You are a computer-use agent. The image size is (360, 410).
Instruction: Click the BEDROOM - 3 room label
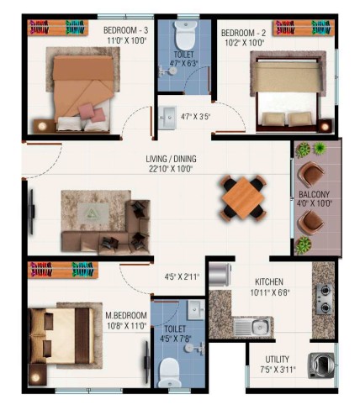(x=126, y=30)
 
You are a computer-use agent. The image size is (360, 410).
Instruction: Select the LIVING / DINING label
(x=171, y=159)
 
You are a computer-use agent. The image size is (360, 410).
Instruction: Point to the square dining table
(x=243, y=198)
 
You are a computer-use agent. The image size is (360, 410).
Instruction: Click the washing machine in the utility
(x=321, y=365)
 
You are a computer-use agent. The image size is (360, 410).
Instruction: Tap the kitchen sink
(x=252, y=327)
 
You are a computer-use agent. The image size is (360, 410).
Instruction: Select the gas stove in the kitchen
(x=324, y=299)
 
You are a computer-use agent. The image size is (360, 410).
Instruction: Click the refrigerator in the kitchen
(x=220, y=275)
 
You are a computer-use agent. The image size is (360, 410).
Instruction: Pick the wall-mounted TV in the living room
(x=32, y=212)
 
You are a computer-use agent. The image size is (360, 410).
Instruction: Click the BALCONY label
(x=314, y=194)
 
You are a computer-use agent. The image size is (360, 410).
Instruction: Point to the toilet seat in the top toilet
(x=185, y=35)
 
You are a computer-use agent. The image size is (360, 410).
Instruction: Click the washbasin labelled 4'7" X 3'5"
(x=167, y=118)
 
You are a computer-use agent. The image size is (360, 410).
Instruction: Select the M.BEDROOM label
(x=126, y=316)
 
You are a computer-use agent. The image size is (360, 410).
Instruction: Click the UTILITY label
(x=277, y=360)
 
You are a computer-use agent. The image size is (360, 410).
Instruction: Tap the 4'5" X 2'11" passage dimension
(x=182, y=277)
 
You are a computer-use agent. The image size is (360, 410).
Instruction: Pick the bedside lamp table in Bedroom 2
(x=325, y=126)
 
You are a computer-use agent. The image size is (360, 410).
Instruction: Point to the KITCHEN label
(x=269, y=282)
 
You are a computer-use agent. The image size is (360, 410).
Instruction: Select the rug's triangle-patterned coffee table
(x=93, y=214)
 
